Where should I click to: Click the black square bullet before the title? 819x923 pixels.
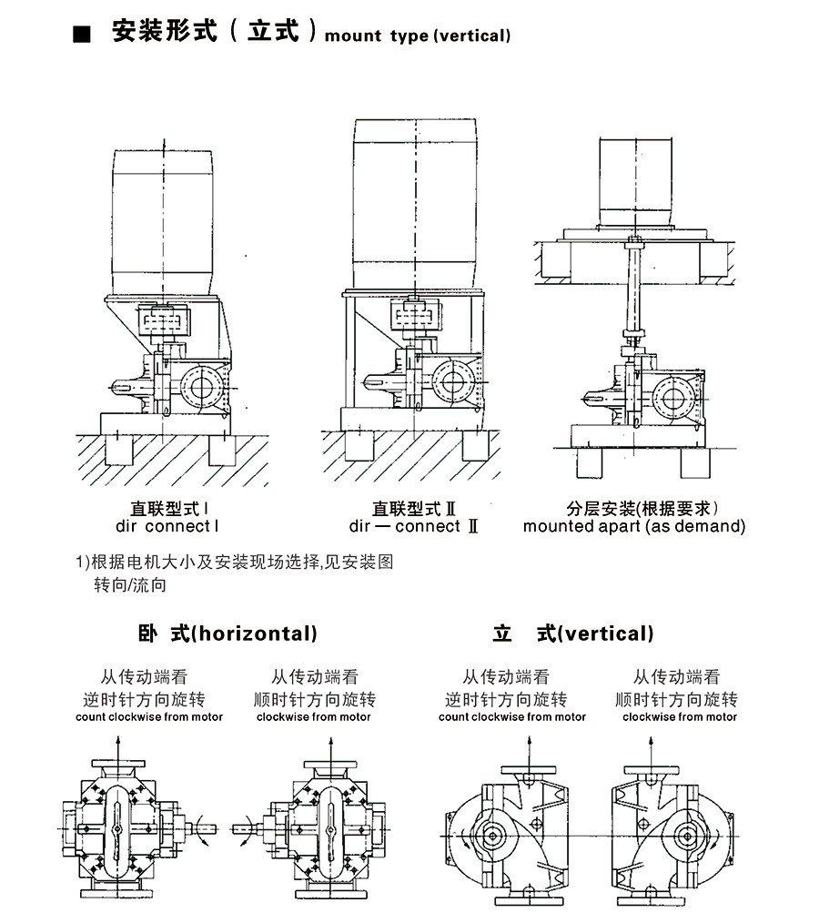pyautogui.click(x=83, y=35)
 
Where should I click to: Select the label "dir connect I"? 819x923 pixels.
pyautogui.click(x=167, y=526)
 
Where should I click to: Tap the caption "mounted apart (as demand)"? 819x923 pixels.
pyautogui.click(x=633, y=526)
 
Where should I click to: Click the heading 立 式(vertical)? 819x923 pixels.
pyautogui.click(x=573, y=634)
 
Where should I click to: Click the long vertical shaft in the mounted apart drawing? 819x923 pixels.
pyautogui.click(x=635, y=291)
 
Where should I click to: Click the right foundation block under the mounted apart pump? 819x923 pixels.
pyautogui.click(x=694, y=462)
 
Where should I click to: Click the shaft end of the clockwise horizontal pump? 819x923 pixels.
pyautogui.click(x=242, y=827)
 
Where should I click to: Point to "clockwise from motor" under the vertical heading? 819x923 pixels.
pyautogui.click(x=680, y=717)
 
